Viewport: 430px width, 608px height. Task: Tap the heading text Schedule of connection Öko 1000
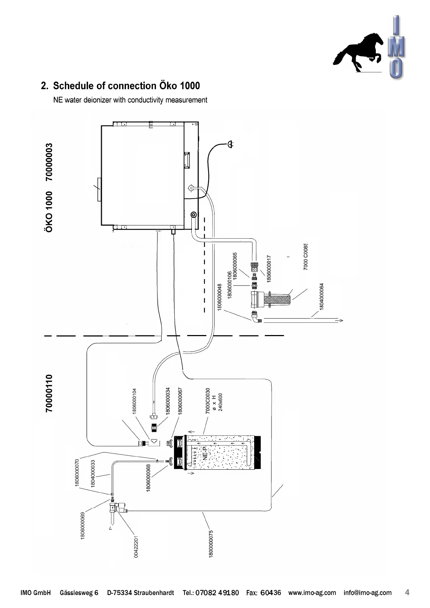(x=126, y=86)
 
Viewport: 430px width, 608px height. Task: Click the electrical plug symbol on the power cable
(x=230, y=144)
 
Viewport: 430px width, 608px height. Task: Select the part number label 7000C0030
(x=208, y=401)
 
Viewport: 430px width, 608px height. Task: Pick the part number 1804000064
(x=322, y=296)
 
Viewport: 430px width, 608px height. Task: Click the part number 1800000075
(x=211, y=544)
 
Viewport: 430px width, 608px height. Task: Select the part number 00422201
(x=136, y=547)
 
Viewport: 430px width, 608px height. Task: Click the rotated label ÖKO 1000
(x=49, y=212)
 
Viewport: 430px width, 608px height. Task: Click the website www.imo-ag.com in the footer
(x=312, y=593)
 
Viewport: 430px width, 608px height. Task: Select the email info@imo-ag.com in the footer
(x=368, y=593)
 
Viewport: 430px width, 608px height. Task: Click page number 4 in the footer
(x=407, y=592)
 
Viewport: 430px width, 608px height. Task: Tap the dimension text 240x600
(x=221, y=402)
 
